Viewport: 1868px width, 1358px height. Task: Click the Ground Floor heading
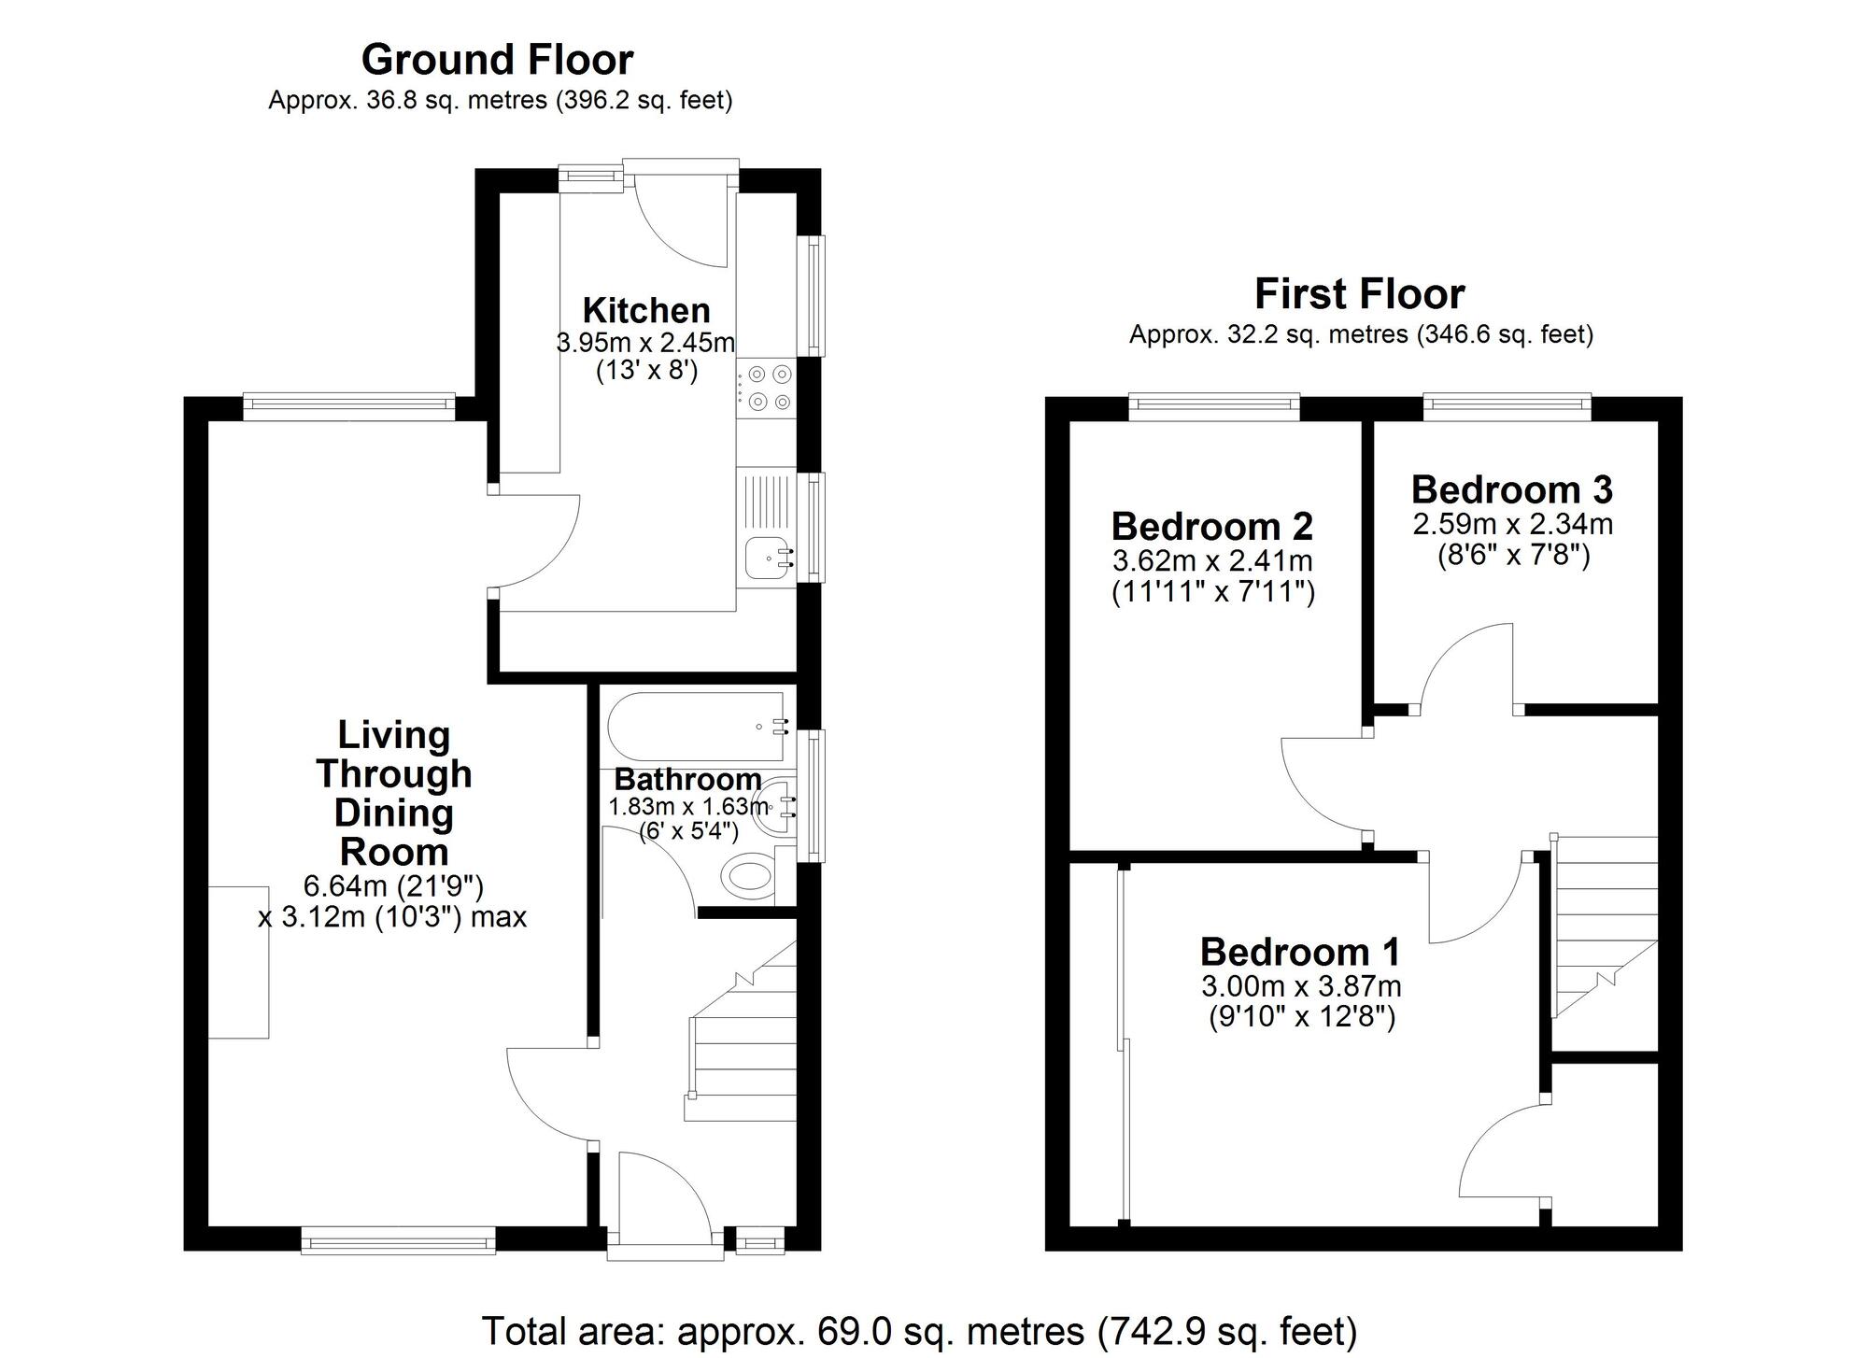pyautogui.click(x=497, y=60)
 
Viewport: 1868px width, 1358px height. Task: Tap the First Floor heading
pyautogui.click(x=1359, y=294)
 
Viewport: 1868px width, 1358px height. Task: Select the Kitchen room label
pyautogui.click(x=646, y=310)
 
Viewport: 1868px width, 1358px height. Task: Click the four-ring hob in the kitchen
pyautogui.click(x=769, y=389)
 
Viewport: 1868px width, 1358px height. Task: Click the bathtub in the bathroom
pyautogui.click(x=697, y=727)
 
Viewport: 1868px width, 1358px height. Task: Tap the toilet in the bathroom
pyautogui.click(x=749, y=877)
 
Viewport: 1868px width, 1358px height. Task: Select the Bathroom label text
pyautogui.click(x=687, y=779)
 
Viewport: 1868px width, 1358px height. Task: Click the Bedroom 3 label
pyautogui.click(x=1511, y=489)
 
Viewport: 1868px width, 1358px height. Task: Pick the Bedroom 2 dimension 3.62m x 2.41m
pyautogui.click(x=1212, y=561)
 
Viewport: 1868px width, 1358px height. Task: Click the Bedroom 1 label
pyautogui.click(x=1300, y=952)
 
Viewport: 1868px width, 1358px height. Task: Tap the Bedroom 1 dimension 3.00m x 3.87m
pyautogui.click(x=1301, y=986)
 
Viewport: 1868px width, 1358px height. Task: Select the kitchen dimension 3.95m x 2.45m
pyautogui.click(x=646, y=343)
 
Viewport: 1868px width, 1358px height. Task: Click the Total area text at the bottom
pyautogui.click(x=919, y=1331)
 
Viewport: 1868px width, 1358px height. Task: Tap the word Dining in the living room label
pyautogui.click(x=393, y=813)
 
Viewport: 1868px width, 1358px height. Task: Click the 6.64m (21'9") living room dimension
pyautogui.click(x=393, y=885)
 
